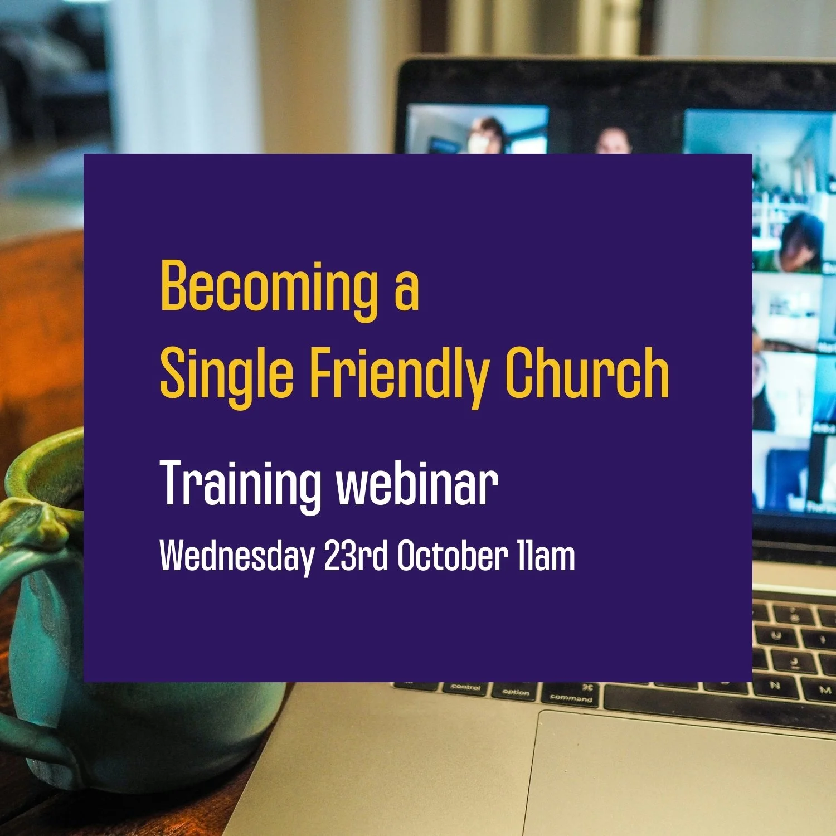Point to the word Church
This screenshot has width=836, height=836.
(587, 372)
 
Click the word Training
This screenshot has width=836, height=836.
(240, 484)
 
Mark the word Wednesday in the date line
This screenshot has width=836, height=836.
(236, 556)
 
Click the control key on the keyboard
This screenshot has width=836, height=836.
(465, 689)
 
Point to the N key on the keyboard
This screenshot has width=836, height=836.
(776, 687)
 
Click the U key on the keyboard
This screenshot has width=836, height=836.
(776, 635)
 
